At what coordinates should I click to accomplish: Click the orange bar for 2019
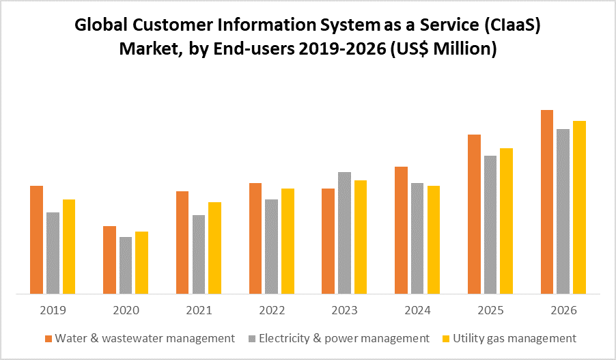pyautogui.click(x=37, y=240)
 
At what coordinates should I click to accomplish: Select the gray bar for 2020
pyautogui.click(x=126, y=266)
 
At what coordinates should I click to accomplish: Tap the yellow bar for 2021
pyautogui.click(x=214, y=248)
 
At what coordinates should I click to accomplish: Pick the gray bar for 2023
pyautogui.click(x=345, y=233)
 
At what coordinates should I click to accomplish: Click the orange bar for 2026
pyautogui.click(x=547, y=202)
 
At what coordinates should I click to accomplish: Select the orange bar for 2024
pyautogui.click(x=402, y=230)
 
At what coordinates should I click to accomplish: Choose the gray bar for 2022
pyautogui.click(x=272, y=247)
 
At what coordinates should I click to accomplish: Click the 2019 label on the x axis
pyautogui.click(x=53, y=310)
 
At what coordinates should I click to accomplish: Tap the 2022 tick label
pyautogui.click(x=272, y=310)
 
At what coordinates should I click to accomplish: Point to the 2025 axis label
pyautogui.click(x=490, y=310)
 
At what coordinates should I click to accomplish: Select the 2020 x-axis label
pyautogui.click(x=126, y=310)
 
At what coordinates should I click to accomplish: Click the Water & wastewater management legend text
pyautogui.click(x=145, y=338)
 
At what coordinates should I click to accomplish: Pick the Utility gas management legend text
pyautogui.click(x=515, y=338)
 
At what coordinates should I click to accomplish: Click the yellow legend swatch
pyautogui.click(x=448, y=339)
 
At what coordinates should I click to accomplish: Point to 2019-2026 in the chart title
pyautogui.click(x=344, y=49)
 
